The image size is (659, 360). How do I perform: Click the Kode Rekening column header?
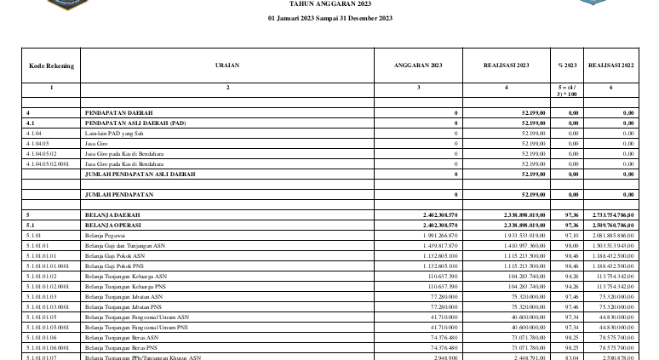coord(51,65)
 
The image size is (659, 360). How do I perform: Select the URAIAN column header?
coord(227,65)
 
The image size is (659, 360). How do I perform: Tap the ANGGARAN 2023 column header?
coord(419,65)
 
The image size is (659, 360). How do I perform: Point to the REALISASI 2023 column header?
coord(507,65)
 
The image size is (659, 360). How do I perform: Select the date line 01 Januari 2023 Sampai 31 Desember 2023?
coord(329,18)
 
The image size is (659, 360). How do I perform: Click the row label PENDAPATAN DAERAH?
coord(118,113)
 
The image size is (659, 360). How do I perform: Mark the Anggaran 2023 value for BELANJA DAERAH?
coord(440,215)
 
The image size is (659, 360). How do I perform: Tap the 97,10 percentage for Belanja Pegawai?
coord(572,235)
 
